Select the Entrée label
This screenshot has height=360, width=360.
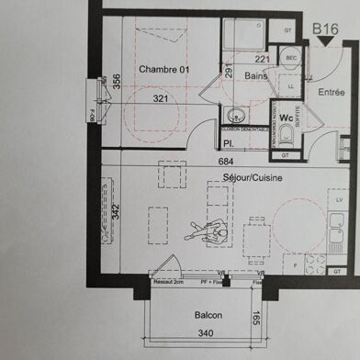(332, 92)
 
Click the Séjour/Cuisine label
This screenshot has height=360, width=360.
(255, 176)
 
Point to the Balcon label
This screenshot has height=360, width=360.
(208, 315)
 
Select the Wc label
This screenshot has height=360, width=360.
(286, 118)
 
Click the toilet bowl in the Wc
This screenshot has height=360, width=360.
(286, 136)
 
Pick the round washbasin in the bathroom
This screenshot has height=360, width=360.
(234, 117)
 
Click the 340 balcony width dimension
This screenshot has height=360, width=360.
(208, 333)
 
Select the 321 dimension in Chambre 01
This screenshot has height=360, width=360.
(162, 98)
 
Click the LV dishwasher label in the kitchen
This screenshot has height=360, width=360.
(339, 199)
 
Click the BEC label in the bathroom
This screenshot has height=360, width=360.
(292, 59)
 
